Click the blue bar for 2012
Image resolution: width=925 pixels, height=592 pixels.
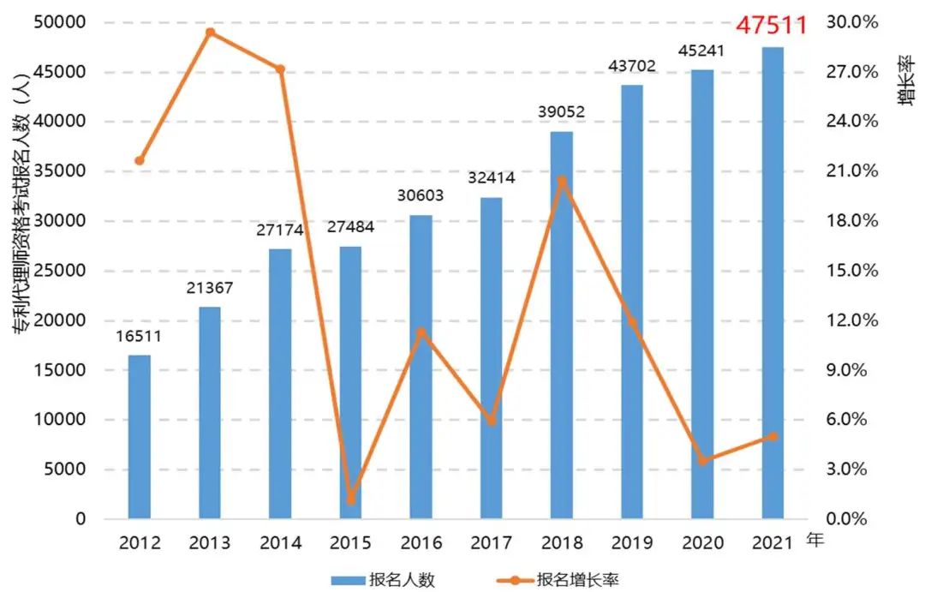[x=140, y=437]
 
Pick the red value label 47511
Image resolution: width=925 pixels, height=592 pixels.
[x=773, y=25]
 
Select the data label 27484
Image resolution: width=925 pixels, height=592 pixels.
[x=350, y=228]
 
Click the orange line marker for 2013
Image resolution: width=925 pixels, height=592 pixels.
[x=210, y=33]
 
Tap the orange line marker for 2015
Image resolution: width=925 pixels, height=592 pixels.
[x=350, y=499]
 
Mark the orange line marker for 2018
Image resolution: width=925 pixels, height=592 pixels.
[x=561, y=181]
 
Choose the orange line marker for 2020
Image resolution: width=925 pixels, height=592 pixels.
[x=701, y=460]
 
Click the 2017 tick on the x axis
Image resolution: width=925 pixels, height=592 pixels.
[x=491, y=543]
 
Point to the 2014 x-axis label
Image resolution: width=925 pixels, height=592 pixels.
[x=280, y=543]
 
